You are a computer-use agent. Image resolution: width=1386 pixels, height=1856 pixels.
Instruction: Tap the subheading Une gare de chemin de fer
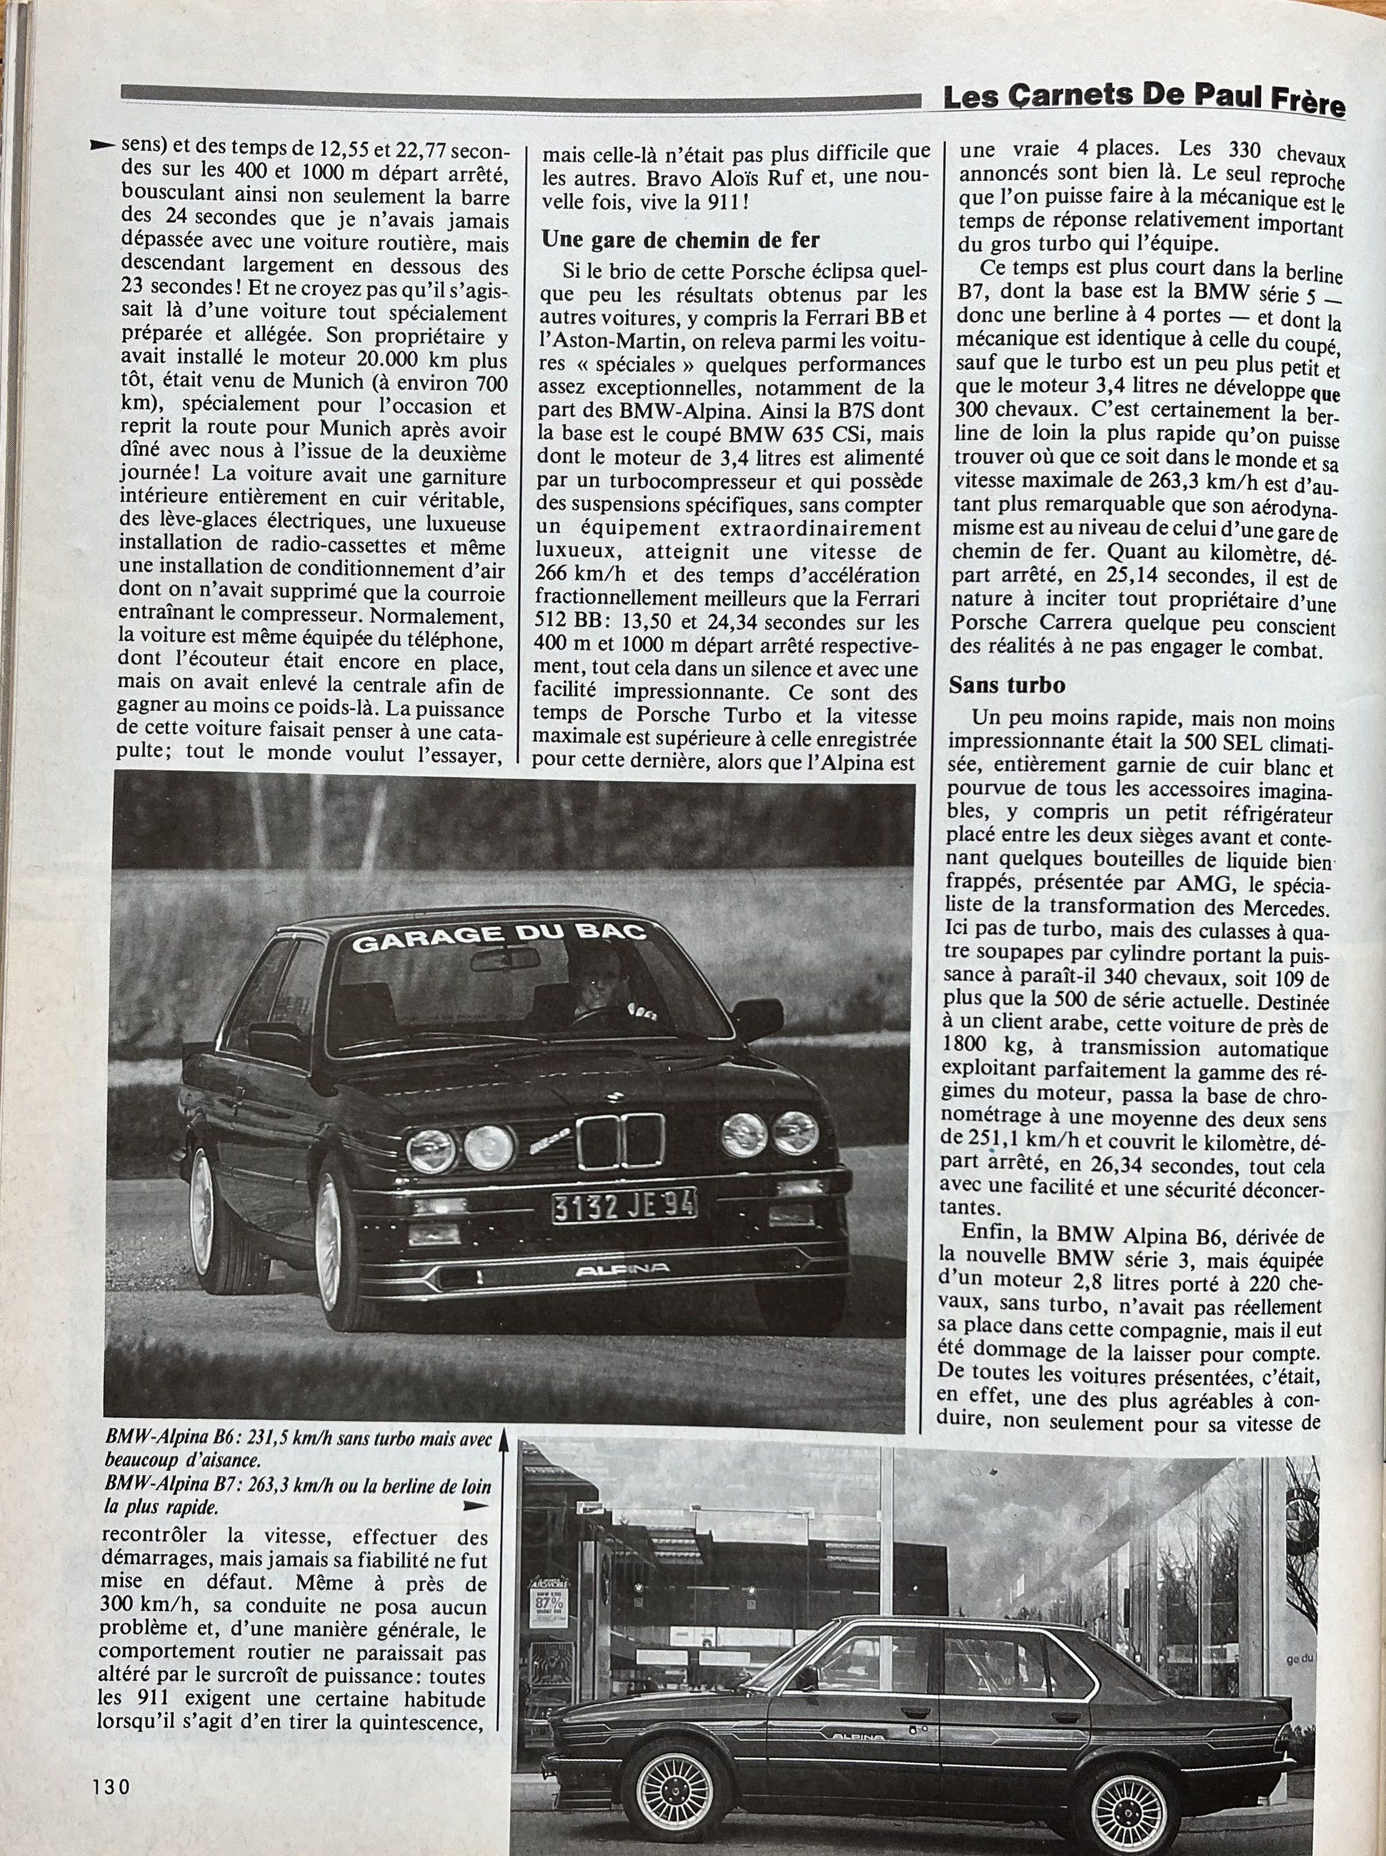680,240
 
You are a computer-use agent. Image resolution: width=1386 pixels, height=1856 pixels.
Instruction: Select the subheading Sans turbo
1007,685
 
